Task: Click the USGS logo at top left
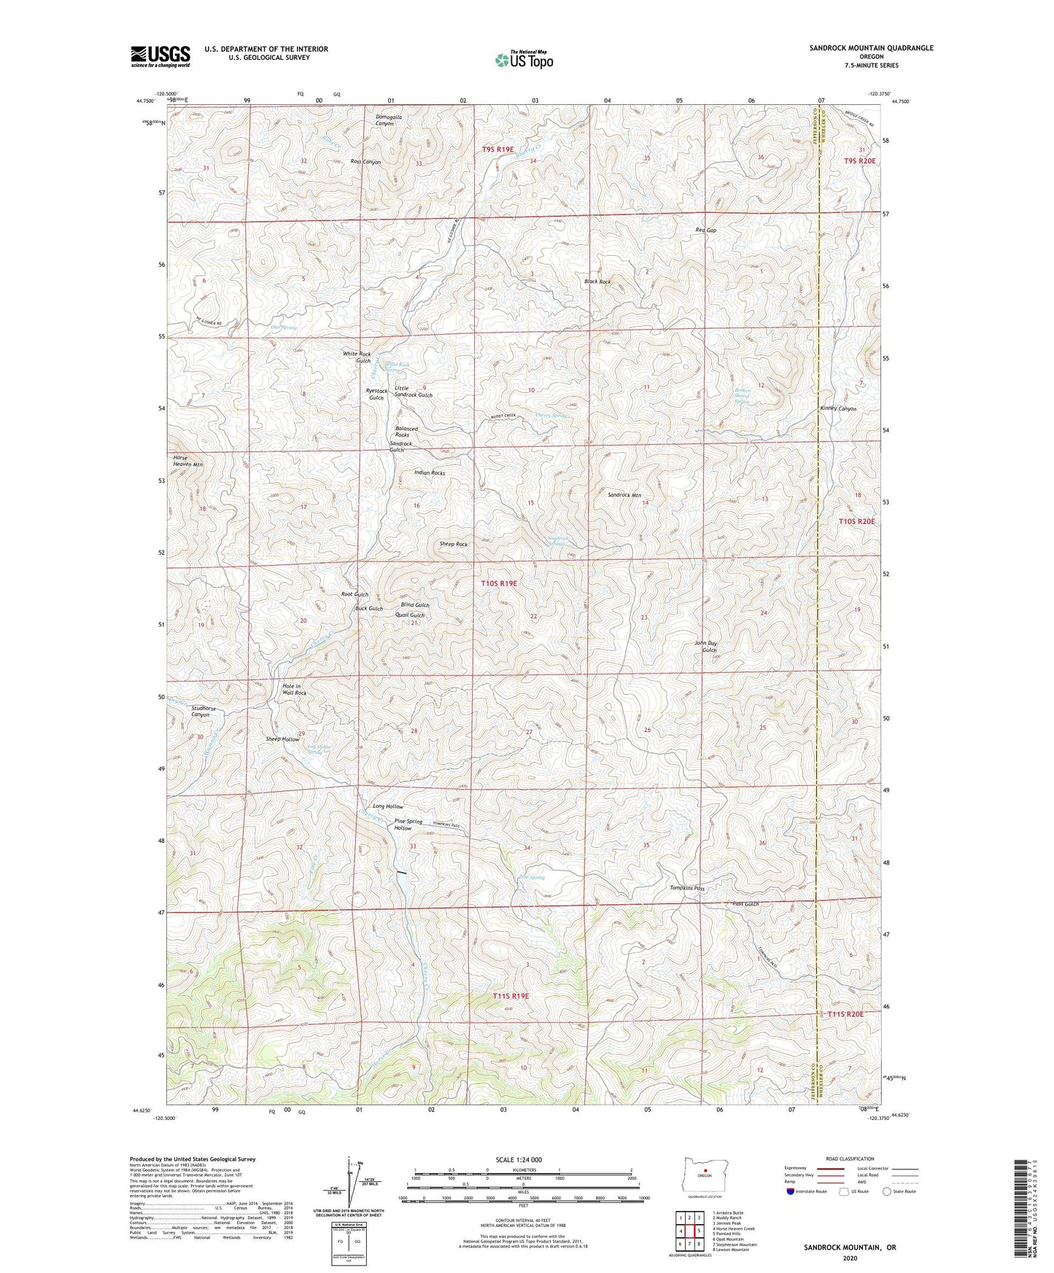(160, 56)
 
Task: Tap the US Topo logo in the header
(523, 60)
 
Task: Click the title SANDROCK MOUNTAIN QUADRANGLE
(870, 48)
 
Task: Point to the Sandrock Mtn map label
(625, 495)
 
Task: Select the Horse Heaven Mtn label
(187, 461)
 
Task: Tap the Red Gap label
(705, 230)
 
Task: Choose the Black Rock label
(597, 281)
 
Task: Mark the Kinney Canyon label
(838, 409)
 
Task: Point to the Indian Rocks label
(429, 473)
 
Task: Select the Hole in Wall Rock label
(293, 690)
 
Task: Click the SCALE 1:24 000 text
(518, 1159)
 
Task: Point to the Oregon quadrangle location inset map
(704, 1175)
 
